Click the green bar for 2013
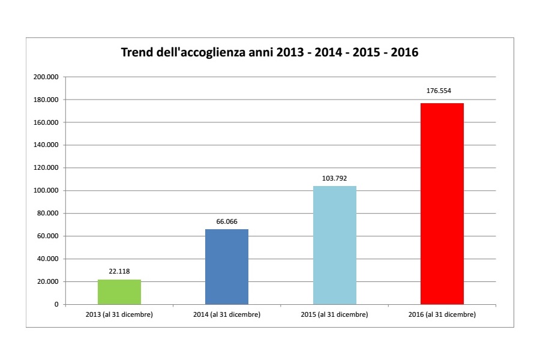tap(119, 292)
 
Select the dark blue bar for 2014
tap(227, 267)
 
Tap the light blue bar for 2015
tap(335, 245)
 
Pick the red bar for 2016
tap(442, 204)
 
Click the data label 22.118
tap(119, 271)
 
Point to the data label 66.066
tap(227, 221)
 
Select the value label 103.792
tap(335, 178)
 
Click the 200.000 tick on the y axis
tap(46, 77)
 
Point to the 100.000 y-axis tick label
tap(46, 191)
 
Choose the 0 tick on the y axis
tap(56, 305)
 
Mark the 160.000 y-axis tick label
tap(46, 122)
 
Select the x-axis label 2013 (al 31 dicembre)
tap(119, 315)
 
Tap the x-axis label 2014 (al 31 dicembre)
tap(227, 315)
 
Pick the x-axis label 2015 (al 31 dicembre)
tap(335, 315)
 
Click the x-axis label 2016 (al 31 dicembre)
tap(442, 315)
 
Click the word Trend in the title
tap(137, 53)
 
